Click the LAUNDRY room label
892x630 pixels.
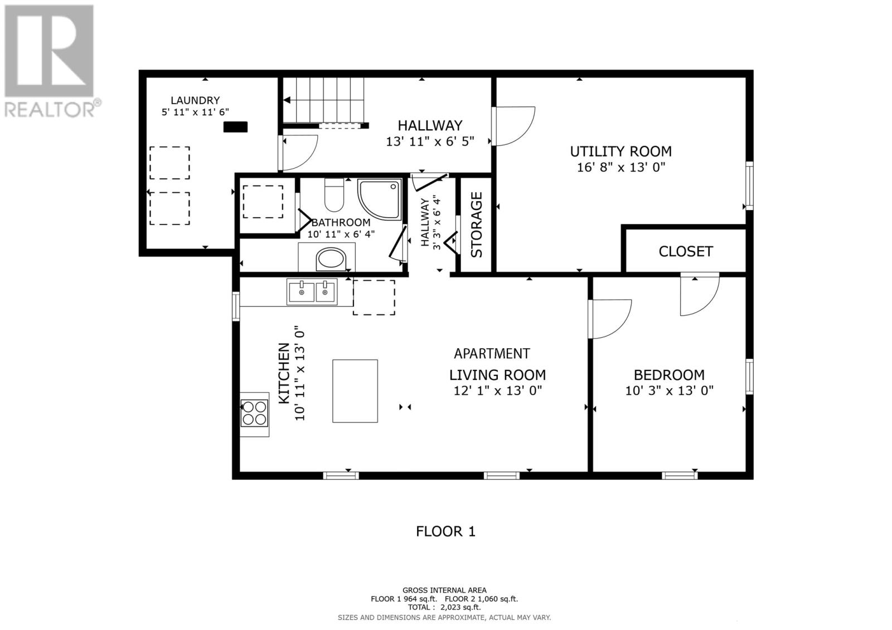pyautogui.click(x=195, y=100)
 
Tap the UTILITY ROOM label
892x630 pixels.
pyautogui.click(x=621, y=152)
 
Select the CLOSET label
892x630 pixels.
pyautogui.click(x=686, y=252)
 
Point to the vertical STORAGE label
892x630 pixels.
pyautogui.click(x=476, y=225)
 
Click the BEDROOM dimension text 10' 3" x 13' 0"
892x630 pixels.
pyautogui.click(x=669, y=391)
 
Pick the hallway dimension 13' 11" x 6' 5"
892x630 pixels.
pyautogui.click(x=430, y=141)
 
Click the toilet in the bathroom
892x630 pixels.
pyautogui.click(x=334, y=194)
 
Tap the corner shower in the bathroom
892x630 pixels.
pyautogui.click(x=380, y=199)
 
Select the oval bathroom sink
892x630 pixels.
pyautogui.click(x=331, y=260)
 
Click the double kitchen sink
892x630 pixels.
pyautogui.click(x=312, y=292)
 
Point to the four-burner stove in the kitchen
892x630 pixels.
pyautogui.click(x=254, y=413)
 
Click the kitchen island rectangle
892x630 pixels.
pyautogui.click(x=355, y=391)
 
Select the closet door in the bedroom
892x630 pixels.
pyautogui.click(x=700, y=294)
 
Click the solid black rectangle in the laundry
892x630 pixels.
pyautogui.click(x=235, y=127)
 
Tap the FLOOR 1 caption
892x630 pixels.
pyautogui.click(x=445, y=532)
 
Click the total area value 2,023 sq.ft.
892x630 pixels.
pyautogui.click(x=460, y=607)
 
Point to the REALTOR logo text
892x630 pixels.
pyautogui.click(x=49, y=109)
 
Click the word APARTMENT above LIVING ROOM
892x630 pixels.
pyautogui.click(x=492, y=354)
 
